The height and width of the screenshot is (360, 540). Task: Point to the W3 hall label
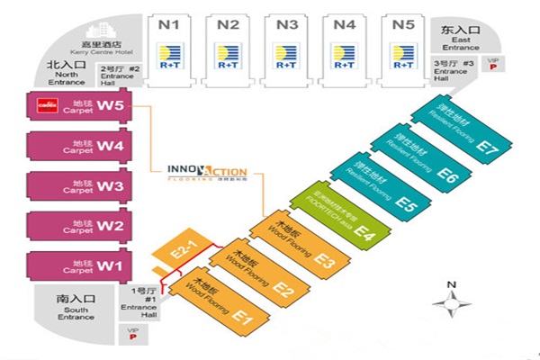pos(110,186)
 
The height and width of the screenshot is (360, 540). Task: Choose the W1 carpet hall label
pos(109,265)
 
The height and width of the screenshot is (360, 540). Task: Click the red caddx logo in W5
pos(46,105)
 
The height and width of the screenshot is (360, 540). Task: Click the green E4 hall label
pos(364,233)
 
